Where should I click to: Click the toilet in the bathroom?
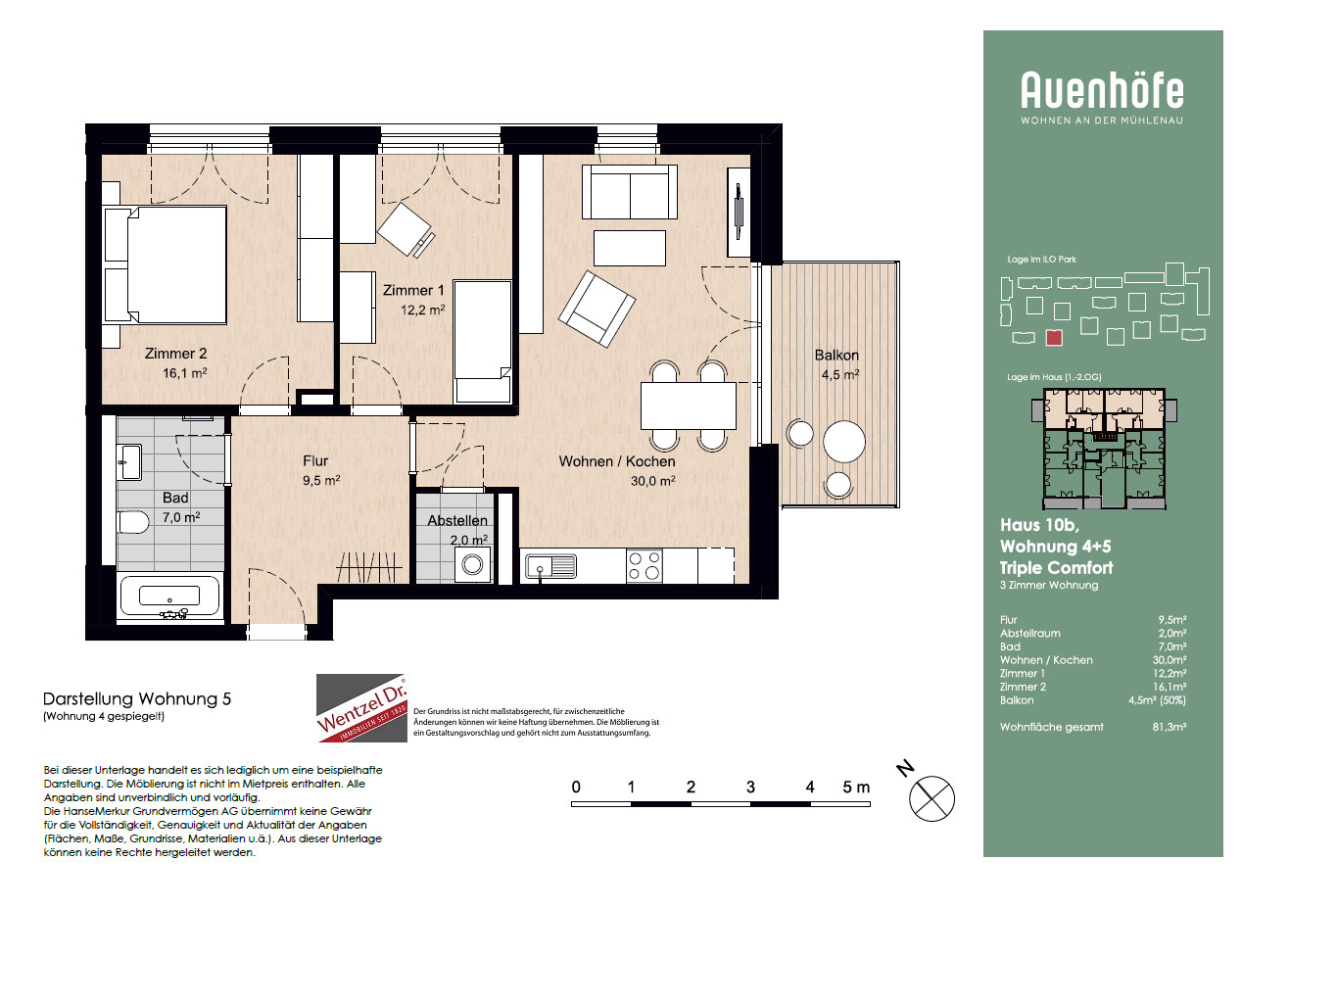click(133, 522)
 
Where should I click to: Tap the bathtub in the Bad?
click(170, 597)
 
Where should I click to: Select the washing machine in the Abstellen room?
click(473, 564)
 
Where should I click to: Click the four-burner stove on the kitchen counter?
click(645, 565)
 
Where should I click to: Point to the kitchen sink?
click(550, 566)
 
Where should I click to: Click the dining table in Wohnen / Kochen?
click(689, 406)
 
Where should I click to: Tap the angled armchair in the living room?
click(597, 309)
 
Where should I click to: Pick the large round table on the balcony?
click(844, 442)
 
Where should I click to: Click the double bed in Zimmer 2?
click(166, 264)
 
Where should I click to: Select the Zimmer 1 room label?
click(413, 290)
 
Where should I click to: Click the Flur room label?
click(315, 461)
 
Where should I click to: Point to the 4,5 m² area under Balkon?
click(840, 374)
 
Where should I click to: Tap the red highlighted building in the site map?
click(1054, 338)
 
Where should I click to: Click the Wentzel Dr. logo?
click(361, 707)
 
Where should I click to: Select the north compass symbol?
click(931, 798)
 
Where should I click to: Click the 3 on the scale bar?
click(750, 788)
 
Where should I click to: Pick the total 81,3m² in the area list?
click(1169, 727)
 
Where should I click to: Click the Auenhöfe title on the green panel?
click(1103, 90)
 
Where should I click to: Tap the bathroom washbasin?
click(129, 462)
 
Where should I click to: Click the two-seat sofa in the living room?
click(630, 192)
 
